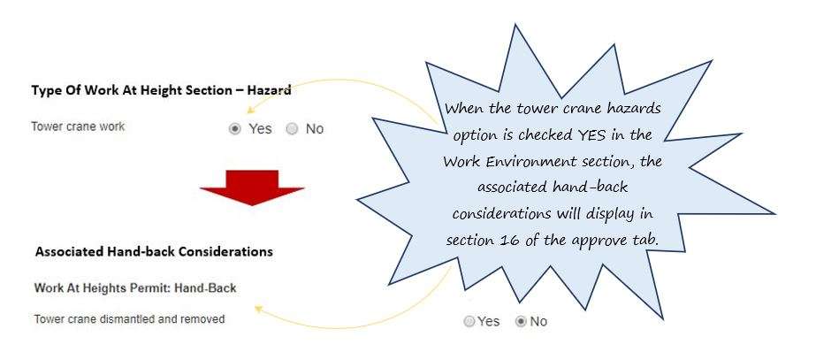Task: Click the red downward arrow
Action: [252, 185]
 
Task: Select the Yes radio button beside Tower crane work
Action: [234, 128]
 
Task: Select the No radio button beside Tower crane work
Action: [292, 128]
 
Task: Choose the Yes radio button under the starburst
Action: [469, 322]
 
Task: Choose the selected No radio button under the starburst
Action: [521, 322]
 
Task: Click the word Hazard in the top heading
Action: [269, 89]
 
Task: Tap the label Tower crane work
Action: [78, 126]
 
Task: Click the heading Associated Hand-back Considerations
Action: [154, 251]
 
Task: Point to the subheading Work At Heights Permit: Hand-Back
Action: [134, 288]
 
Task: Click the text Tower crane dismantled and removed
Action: [129, 318]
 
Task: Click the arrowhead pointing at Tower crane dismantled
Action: [256, 310]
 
